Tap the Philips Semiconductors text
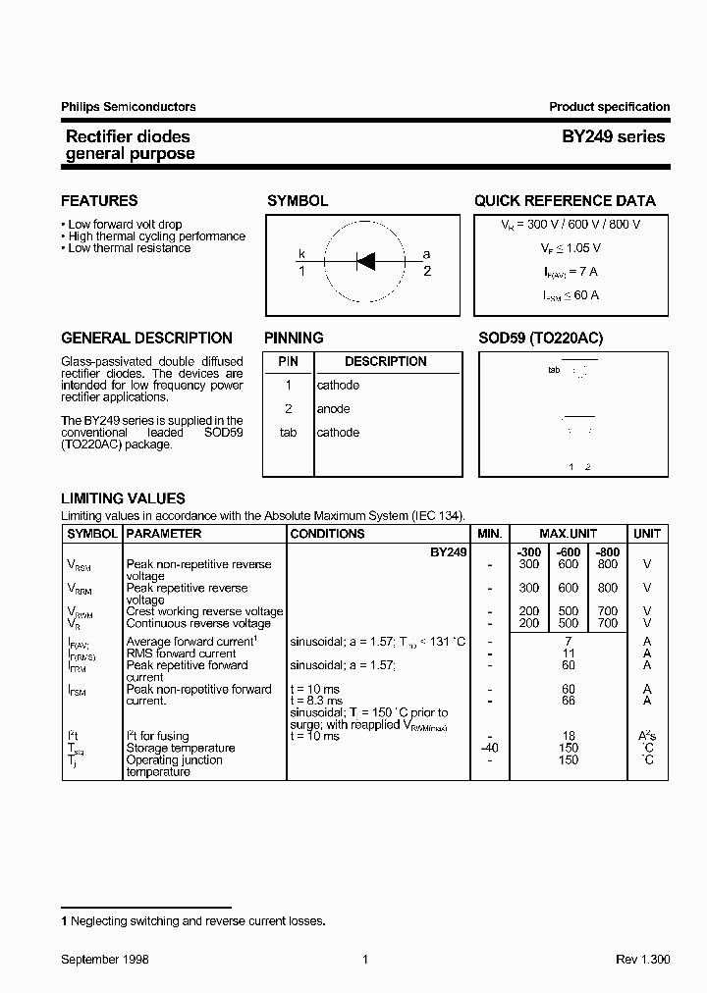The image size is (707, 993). coord(128,107)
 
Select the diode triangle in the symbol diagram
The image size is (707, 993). coord(365,261)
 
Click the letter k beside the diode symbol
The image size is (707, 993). coord(302,254)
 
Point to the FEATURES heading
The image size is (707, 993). coord(99,201)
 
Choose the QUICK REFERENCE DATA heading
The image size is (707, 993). coord(565,201)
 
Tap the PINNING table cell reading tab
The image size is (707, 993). coord(288,433)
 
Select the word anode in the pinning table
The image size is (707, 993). coord(333,409)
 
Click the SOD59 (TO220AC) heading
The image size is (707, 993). coord(540,338)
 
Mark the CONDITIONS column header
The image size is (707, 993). coord(327,534)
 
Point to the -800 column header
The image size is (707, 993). coord(608,552)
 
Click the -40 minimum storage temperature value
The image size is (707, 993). coord(489,748)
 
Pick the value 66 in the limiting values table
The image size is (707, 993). coord(568,701)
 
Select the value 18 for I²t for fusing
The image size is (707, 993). coord(568,736)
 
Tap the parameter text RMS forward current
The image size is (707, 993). coord(181,653)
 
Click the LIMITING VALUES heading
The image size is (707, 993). coord(123,498)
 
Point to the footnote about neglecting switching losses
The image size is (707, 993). coord(192,921)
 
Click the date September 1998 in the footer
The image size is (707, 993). coord(105,961)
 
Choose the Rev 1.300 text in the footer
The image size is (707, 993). coord(642,961)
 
